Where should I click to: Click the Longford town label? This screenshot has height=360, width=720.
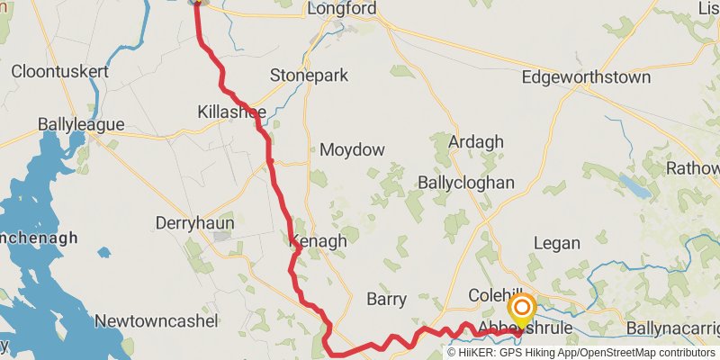341,9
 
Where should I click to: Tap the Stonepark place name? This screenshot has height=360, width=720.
309,76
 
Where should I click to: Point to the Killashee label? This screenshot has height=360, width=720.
231,112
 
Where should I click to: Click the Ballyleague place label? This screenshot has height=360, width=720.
81,124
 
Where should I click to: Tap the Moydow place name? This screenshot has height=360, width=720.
352,149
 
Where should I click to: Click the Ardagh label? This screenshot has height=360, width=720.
476,142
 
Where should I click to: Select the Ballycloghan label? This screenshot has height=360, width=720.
466,183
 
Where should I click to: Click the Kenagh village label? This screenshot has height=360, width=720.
319,241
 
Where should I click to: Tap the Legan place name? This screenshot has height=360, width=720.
557,243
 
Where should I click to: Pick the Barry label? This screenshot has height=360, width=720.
387,300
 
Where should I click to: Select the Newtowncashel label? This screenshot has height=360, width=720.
157,320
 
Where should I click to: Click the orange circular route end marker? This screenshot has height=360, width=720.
522,308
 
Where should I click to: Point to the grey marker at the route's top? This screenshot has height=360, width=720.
197,3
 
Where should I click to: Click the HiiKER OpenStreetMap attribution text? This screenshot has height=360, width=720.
581,352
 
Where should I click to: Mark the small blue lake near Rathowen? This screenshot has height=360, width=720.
634,185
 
